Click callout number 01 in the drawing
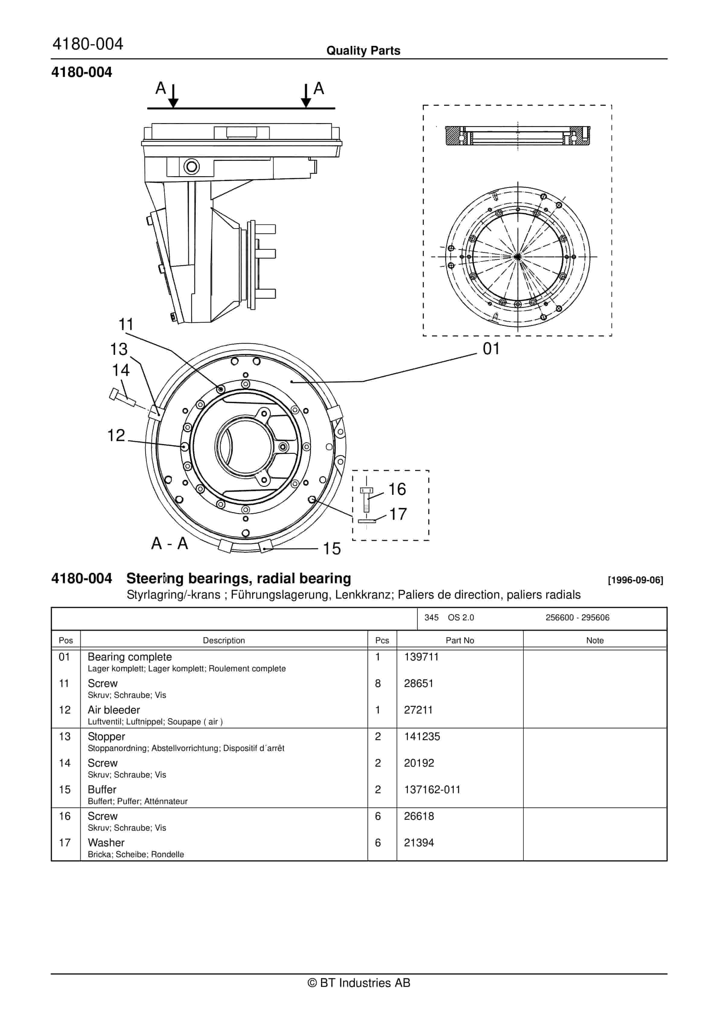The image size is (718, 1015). (491, 349)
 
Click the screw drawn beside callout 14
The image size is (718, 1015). (122, 397)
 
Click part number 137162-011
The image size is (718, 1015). (432, 790)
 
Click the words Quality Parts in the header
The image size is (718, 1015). (363, 50)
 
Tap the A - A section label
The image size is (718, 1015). (170, 543)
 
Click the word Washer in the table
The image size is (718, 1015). (106, 843)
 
